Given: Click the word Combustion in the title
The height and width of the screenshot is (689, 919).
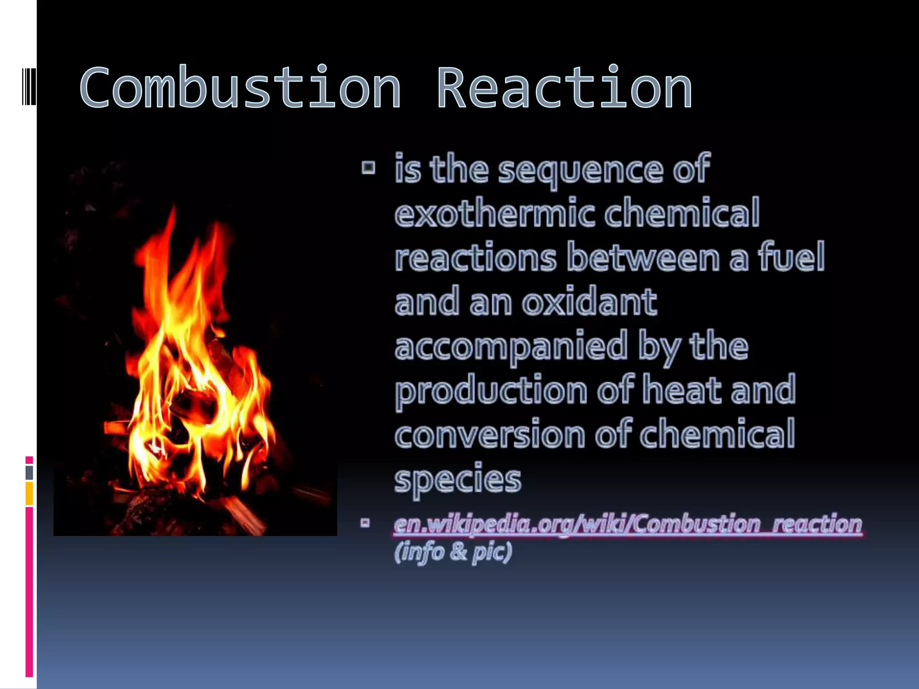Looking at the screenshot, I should (x=240, y=87).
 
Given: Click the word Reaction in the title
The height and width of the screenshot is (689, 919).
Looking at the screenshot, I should (x=565, y=87).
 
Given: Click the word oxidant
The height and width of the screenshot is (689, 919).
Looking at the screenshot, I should (x=590, y=301).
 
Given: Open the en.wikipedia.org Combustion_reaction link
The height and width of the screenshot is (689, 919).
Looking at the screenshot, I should (x=628, y=524).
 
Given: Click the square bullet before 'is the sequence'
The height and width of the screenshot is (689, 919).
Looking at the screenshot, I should (x=368, y=168).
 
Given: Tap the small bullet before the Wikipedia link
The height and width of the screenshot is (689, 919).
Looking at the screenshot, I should (x=365, y=523).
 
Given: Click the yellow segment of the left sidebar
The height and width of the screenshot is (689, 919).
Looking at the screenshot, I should (x=29, y=493).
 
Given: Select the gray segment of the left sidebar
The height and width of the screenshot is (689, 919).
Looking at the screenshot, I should (x=29, y=472).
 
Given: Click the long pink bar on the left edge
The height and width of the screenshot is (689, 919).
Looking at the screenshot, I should (x=29, y=592).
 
